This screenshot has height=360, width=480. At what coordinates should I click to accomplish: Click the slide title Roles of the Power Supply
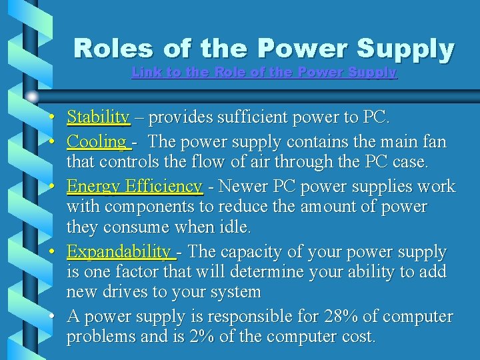coord(264,49)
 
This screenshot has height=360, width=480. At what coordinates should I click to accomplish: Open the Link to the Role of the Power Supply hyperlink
coord(264,72)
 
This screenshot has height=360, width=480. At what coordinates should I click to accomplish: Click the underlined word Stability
coord(98,118)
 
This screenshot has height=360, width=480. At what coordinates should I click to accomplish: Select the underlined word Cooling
coord(97,142)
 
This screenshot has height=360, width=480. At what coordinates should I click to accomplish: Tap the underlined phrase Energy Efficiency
coord(134,186)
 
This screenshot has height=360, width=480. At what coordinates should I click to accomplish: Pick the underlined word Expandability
coord(119,252)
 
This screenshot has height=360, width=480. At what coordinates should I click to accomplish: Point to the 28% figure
coord(341,316)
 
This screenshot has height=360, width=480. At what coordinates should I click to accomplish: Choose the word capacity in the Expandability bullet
coord(250,252)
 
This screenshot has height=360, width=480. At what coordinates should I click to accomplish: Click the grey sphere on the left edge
coord(32,97)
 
